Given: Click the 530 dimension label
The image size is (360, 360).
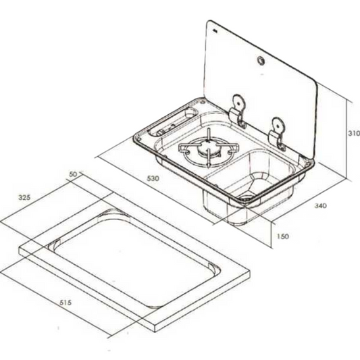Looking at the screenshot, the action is pyautogui.click(x=153, y=178).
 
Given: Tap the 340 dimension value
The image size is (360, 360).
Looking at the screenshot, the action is pyautogui.click(x=320, y=205).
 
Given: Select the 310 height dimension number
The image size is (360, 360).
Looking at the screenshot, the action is pyautogui.click(x=354, y=133).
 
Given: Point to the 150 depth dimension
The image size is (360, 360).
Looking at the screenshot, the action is pyautogui.click(x=282, y=236).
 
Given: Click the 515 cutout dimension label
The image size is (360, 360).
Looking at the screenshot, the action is pyautogui.click(x=66, y=303).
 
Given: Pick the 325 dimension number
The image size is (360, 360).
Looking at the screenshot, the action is pyautogui.click(x=24, y=197).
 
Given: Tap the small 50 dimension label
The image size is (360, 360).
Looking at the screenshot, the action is pyautogui.click(x=74, y=174).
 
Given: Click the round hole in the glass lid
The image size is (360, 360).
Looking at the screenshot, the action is pyautogui.click(x=261, y=60).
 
